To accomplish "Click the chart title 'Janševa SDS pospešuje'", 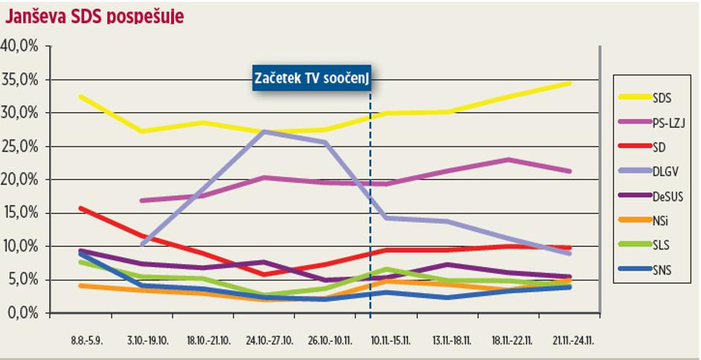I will tap(94, 15).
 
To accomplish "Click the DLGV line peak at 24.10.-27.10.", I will tap(265, 132).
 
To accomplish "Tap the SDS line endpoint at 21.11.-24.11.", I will tap(569, 83).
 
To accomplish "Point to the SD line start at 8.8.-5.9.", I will tap(80, 208).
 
